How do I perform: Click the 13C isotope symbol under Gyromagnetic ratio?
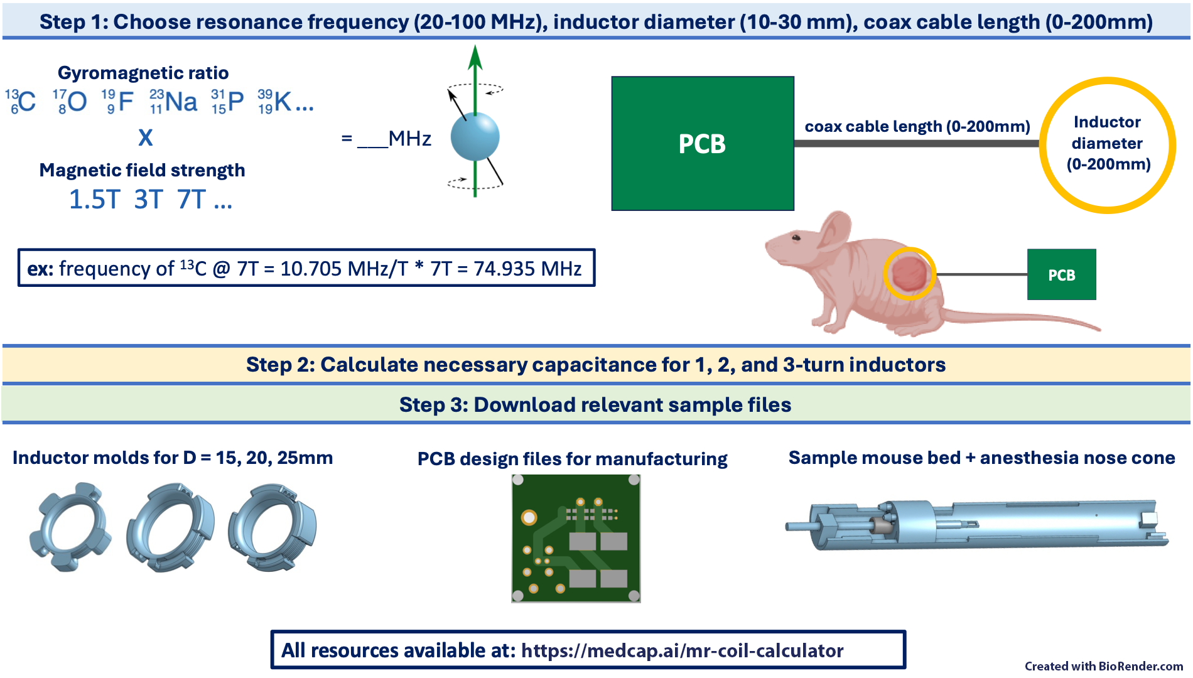21,102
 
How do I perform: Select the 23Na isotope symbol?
174,102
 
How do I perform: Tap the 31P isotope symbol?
228,102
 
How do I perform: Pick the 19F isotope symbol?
119,102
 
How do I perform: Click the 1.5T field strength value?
94,200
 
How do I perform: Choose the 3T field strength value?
149,200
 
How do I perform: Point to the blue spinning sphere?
475,137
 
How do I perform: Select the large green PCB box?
703,144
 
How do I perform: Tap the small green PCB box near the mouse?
1061,275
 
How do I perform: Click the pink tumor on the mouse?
909,274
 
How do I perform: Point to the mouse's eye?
796,238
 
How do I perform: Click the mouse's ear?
836,229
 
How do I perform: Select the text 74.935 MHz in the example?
527,269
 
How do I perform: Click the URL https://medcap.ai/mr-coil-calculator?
682,650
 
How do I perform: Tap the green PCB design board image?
576,539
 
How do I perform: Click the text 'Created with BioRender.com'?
1103,666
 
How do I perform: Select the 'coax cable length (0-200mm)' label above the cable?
917,127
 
